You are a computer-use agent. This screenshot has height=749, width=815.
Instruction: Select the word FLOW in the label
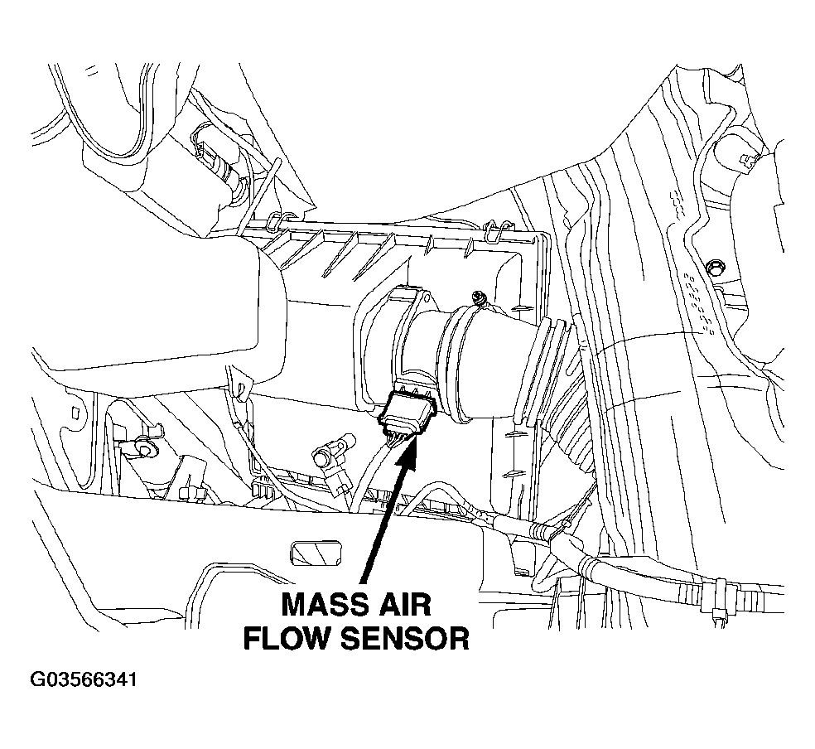287,638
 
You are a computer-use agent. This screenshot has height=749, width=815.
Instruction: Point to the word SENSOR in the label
404,638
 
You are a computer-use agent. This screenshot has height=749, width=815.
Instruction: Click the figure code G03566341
84,680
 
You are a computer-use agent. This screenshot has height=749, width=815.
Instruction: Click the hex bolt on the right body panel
716,268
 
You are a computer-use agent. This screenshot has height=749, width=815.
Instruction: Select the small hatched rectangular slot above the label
316,552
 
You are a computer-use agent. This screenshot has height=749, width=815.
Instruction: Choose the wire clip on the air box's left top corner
281,220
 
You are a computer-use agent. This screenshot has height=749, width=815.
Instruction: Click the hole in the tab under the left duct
242,388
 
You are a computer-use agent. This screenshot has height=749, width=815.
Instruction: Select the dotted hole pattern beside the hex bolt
699,302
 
